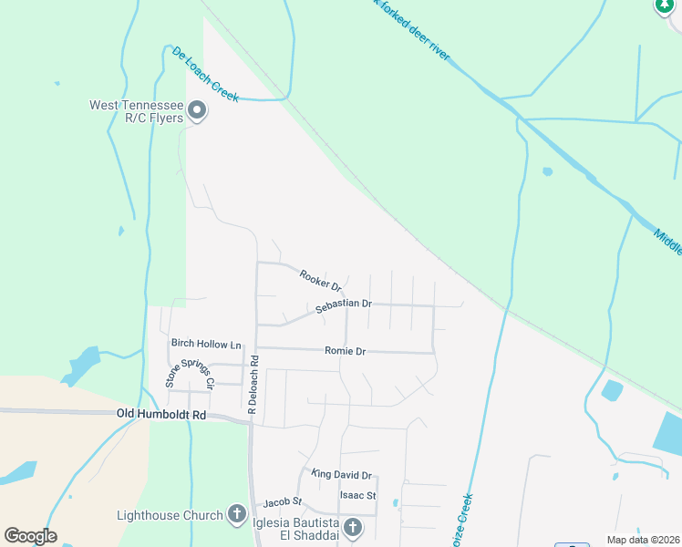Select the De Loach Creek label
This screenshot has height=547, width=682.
205,74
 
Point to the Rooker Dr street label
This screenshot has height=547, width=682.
320,280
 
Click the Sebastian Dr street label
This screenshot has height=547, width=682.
344,306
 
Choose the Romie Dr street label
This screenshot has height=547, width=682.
345,351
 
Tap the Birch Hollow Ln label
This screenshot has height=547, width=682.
206,345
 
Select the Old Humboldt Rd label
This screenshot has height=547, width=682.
162,415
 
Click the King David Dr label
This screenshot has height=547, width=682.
342,475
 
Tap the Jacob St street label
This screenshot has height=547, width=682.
283,501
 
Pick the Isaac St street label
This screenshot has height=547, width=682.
357,495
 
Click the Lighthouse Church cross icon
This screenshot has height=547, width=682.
236,514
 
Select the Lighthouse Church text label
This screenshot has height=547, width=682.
170,515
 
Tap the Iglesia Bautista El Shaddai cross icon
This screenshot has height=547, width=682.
352,527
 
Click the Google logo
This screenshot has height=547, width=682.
30,536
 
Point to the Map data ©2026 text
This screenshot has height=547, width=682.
643,540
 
